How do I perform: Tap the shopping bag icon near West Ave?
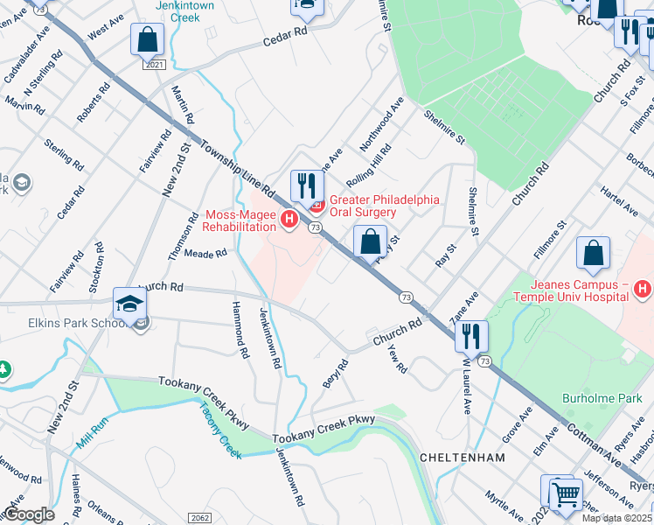pos(148,40)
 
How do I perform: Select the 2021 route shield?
pos(154,65)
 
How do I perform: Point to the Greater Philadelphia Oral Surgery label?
pos(383,206)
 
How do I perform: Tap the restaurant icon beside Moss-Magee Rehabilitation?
pos(307,186)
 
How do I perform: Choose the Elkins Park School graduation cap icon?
pos(129,305)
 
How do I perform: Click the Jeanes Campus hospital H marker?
pos(643,288)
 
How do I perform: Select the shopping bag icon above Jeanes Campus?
pos(593,254)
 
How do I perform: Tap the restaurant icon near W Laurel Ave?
pos(470,336)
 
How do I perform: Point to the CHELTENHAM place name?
pos(463,458)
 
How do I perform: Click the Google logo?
pos(29,514)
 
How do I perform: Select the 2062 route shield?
pos(199,518)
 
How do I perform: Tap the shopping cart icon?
pos(566,494)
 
